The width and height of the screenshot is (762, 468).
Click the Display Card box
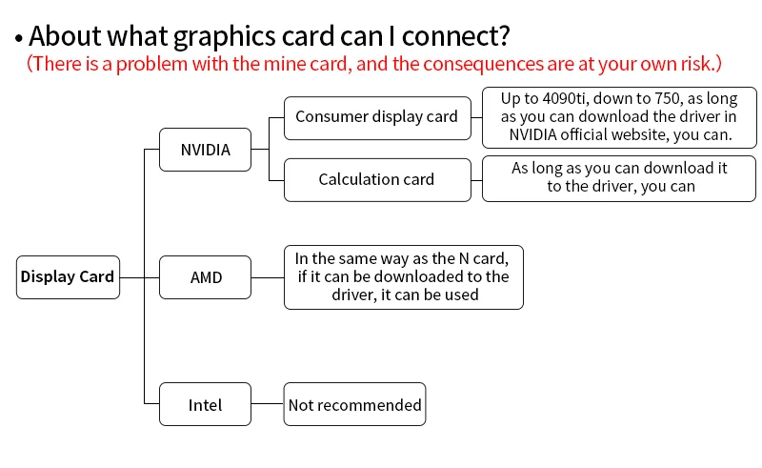(x=68, y=277)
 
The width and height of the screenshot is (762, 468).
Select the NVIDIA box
(x=205, y=150)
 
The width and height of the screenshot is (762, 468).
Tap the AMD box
(x=205, y=277)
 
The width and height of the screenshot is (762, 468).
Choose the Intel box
(x=205, y=404)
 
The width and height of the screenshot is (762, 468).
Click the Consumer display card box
(x=377, y=118)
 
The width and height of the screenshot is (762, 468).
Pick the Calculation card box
(x=377, y=180)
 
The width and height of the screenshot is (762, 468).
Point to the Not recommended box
(x=354, y=404)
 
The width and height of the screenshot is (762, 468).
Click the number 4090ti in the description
(x=564, y=99)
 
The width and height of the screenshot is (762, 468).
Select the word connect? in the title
(x=456, y=36)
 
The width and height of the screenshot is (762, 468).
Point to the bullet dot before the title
(x=19, y=38)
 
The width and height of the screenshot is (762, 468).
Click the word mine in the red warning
(x=278, y=64)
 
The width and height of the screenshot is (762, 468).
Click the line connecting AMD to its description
(x=268, y=277)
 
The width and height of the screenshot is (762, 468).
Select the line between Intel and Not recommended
(x=268, y=404)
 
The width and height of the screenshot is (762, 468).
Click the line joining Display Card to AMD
(x=139, y=277)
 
